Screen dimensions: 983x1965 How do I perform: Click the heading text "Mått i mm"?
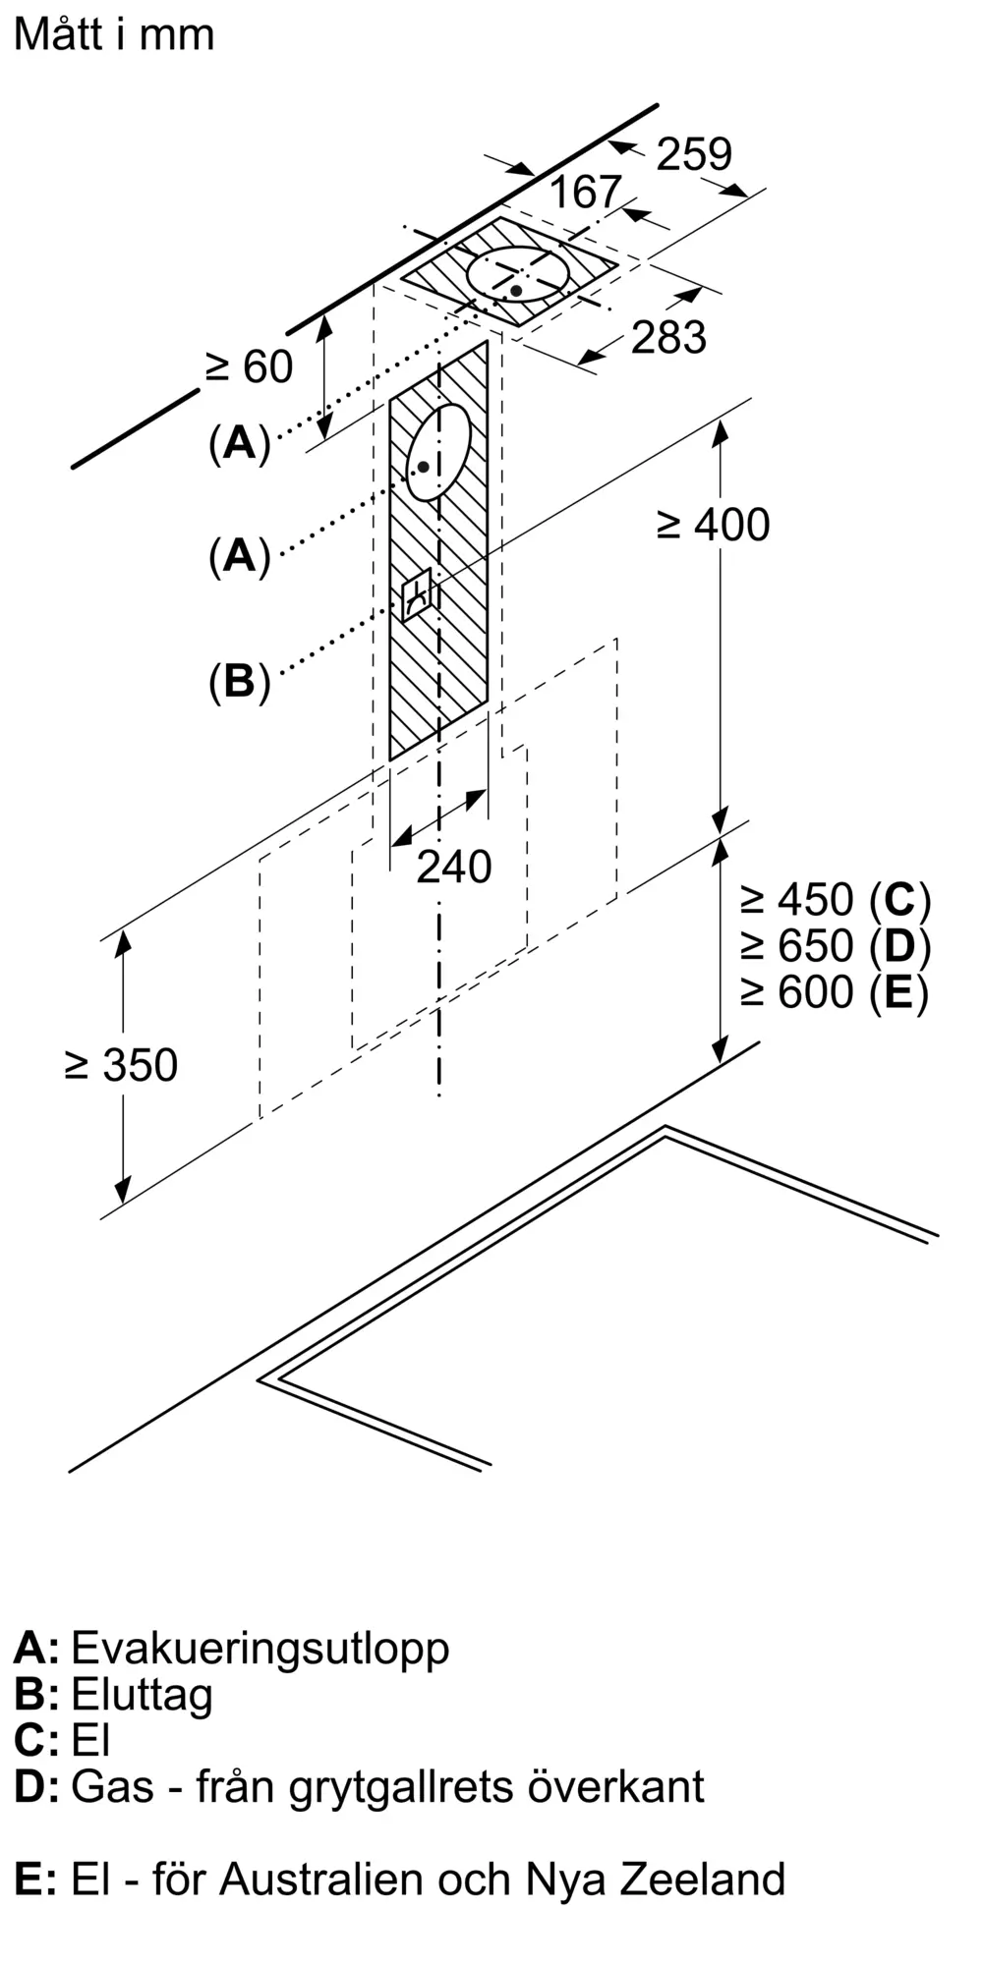pos(114,34)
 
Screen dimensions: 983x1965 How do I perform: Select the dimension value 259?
pos(694,154)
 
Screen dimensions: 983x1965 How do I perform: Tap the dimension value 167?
pos(585,192)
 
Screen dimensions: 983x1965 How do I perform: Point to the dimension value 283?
pos(668,337)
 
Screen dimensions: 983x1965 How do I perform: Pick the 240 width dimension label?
pos(453,867)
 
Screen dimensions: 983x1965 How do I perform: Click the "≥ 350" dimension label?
pos(122,1065)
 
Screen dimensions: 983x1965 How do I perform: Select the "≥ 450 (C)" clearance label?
pos(835,899)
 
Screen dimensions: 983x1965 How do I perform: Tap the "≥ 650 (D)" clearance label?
pos(835,945)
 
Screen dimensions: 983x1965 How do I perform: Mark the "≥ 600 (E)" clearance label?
pos(835,991)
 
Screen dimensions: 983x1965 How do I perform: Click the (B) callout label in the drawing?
pos(239,681)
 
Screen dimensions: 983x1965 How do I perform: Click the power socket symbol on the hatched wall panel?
pos(417,592)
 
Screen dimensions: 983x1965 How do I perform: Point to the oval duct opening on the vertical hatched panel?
pos(438,452)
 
